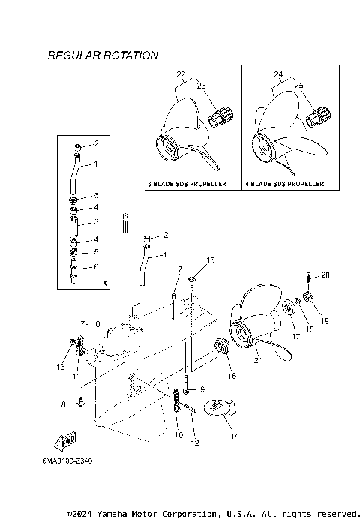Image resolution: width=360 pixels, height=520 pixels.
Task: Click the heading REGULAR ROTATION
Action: (103, 56)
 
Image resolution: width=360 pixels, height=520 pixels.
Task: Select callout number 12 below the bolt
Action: (194, 443)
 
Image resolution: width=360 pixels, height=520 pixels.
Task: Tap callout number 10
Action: (178, 435)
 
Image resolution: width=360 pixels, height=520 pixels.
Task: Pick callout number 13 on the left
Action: (60, 366)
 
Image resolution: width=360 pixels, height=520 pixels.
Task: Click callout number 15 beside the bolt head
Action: (211, 260)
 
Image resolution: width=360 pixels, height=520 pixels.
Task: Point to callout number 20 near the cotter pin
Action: (325, 275)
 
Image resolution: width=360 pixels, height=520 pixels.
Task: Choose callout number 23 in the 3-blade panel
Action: (200, 87)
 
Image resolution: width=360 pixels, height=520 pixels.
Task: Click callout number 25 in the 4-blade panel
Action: (298, 87)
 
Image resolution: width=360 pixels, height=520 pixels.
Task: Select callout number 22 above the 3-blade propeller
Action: (180, 74)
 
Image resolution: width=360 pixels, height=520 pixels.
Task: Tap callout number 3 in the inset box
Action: (95, 222)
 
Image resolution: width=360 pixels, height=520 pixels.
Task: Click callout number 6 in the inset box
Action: (95, 267)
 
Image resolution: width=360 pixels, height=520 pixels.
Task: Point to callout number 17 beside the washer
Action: (295, 337)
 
